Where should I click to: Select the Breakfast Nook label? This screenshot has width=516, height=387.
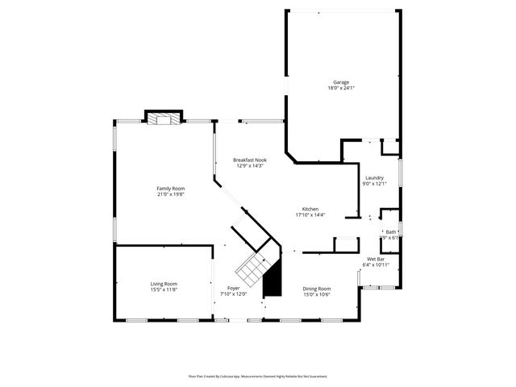[x=250, y=160]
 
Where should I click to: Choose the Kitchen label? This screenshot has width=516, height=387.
[x=310, y=208]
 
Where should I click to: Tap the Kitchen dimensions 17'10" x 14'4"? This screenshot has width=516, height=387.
[x=310, y=214]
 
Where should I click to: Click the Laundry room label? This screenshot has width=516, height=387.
[x=374, y=177]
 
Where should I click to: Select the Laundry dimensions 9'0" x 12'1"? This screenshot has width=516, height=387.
[x=374, y=184]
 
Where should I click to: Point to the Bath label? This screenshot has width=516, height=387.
[x=391, y=231]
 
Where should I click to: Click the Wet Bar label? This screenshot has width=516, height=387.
[x=377, y=258]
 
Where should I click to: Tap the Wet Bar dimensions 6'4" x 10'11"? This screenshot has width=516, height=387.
[x=377, y=264]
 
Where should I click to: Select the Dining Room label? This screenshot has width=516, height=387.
[x=316, y=288]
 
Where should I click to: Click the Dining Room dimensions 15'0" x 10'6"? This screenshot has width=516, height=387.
[x=316, y=294]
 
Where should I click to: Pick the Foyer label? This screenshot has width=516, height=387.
[x=233, y=288]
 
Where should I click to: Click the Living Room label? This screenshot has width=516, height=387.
[x=164, y=283]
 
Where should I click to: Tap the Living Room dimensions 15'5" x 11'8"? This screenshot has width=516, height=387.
[x=164, y=289]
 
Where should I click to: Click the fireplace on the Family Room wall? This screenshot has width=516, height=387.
[x=164, y=119]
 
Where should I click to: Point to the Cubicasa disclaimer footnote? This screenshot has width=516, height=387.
[x=258, y=376]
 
